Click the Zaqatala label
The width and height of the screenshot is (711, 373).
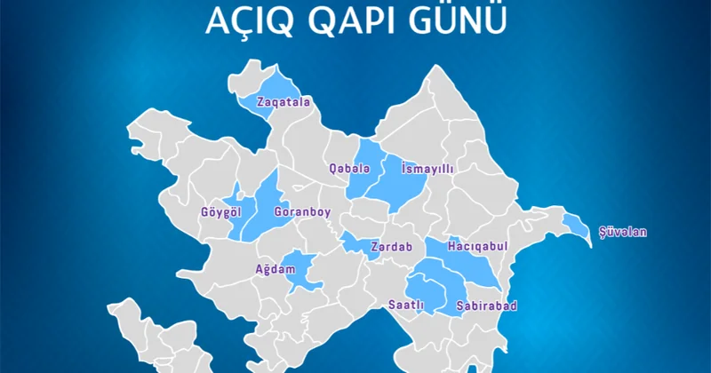click(x=284, y=102)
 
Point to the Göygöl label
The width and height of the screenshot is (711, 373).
click(x=220, y=213)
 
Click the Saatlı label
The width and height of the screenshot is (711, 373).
click(x=405, y=306)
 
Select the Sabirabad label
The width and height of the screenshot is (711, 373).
click(x=486, y=306)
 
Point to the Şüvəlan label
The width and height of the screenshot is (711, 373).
click(x=623, y=233)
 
